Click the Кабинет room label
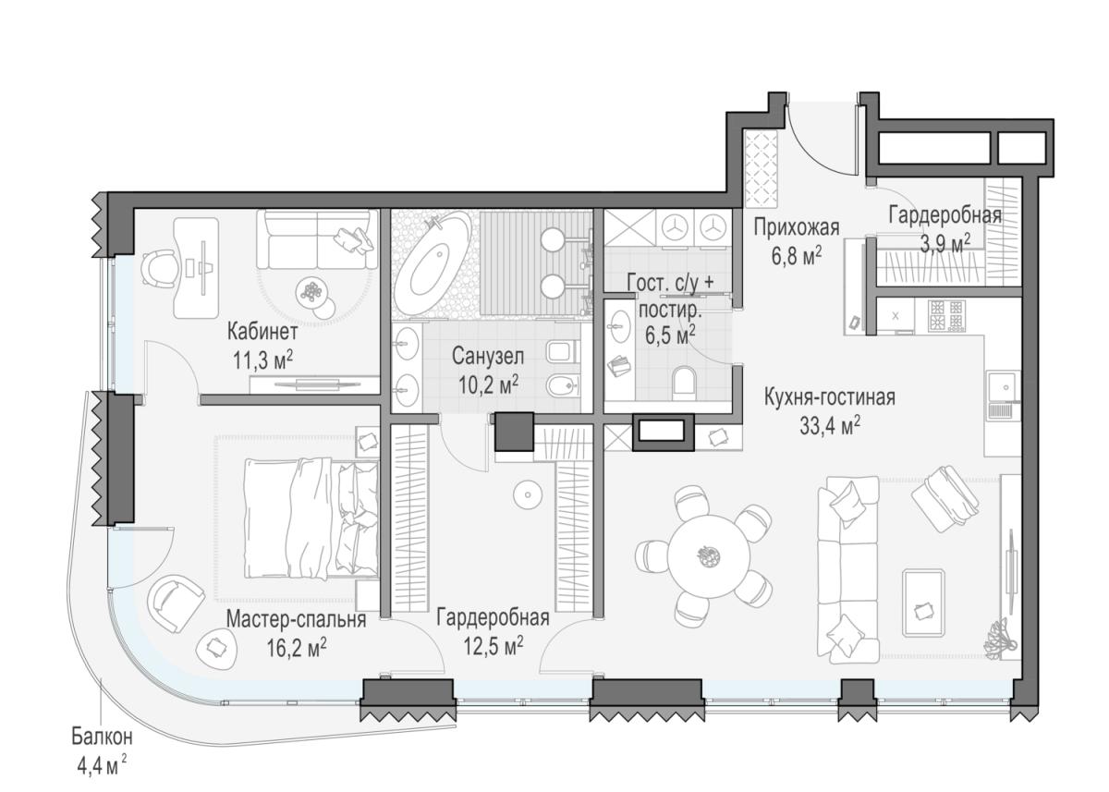point(262,332)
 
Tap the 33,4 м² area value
point(830,426)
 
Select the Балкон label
point(103,737)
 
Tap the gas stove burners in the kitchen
point(947,316)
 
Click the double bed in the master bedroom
point(311,518)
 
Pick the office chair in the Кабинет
point(159,266)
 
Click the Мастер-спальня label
point(296,619)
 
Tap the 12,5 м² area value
point(494,646)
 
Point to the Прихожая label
point(797,228)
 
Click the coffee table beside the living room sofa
point(923,603)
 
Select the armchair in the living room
point(944,498)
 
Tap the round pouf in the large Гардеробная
point(528,494)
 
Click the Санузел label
point(488,357)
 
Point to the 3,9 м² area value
point(944,245)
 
